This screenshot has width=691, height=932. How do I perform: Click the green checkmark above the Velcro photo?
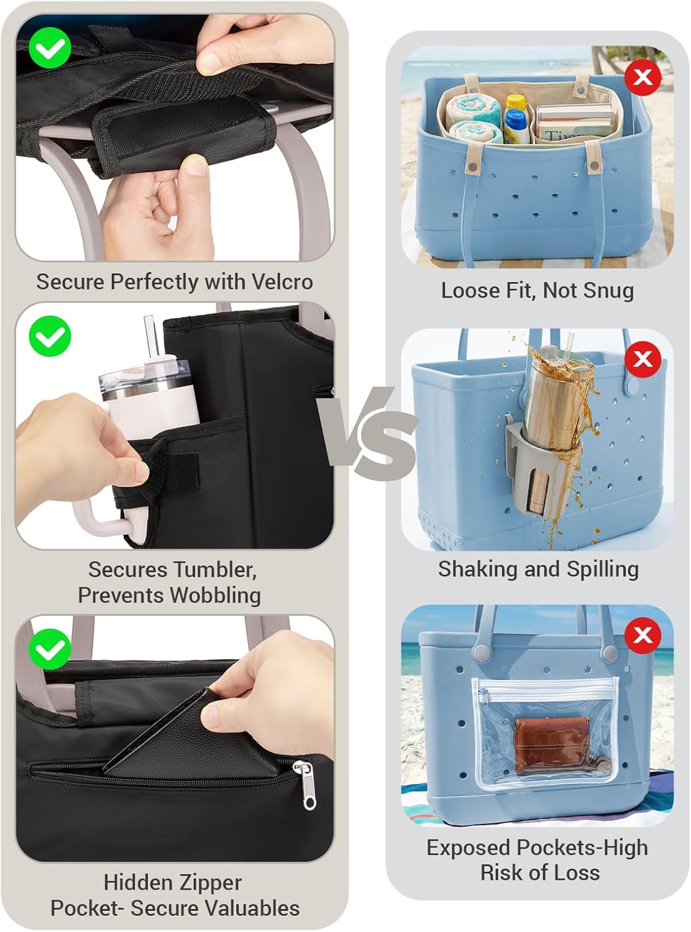coord(50,48)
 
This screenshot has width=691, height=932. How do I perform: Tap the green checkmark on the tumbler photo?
coord(50,336)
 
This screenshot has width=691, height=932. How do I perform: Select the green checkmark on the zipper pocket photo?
coord(50,649)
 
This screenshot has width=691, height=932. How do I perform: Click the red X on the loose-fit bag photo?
coord(643,78)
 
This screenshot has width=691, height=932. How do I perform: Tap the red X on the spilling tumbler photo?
coord(643,359)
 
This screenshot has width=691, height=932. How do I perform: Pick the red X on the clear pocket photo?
coord(643,636)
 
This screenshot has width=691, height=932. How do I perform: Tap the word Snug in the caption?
coord(610,290)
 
